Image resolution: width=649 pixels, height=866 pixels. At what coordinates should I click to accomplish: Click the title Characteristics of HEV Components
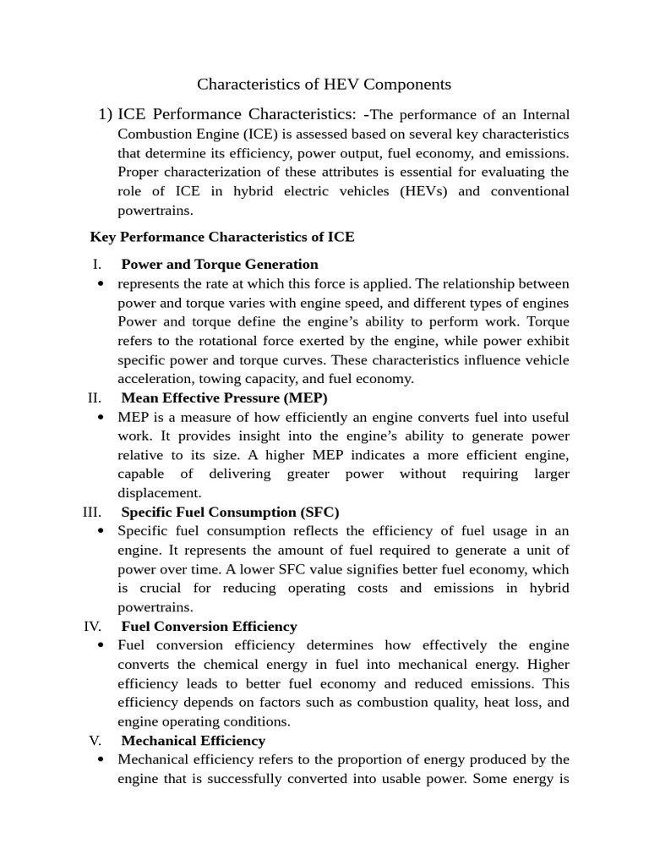click(324, 85)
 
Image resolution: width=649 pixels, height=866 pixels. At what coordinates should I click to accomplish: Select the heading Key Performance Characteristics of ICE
click(222, 237)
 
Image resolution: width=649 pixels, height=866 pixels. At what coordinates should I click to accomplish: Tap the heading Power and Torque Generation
click(220, 264)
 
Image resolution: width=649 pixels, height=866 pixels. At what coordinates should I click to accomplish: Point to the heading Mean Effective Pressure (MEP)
click(224, 397)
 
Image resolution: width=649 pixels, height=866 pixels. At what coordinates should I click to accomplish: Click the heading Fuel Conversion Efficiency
click(209, 627)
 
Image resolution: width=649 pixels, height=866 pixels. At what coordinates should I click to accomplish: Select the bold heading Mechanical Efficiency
click(193, 741)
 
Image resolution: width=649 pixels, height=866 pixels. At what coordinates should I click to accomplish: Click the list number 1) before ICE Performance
click(106, 114)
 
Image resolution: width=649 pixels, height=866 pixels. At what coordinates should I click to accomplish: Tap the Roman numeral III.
click(92, 512)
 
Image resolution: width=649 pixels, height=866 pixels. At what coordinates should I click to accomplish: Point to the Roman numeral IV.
click(92, 627)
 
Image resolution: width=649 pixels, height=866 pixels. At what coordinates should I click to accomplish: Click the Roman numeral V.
click(95, 741)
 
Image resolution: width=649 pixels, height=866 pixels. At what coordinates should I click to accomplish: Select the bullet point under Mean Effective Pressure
click(101, 418)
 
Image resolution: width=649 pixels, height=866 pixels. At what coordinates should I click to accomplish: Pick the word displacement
click(160, 493)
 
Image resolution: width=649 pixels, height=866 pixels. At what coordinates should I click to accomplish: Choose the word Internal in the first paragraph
click(547, 114)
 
